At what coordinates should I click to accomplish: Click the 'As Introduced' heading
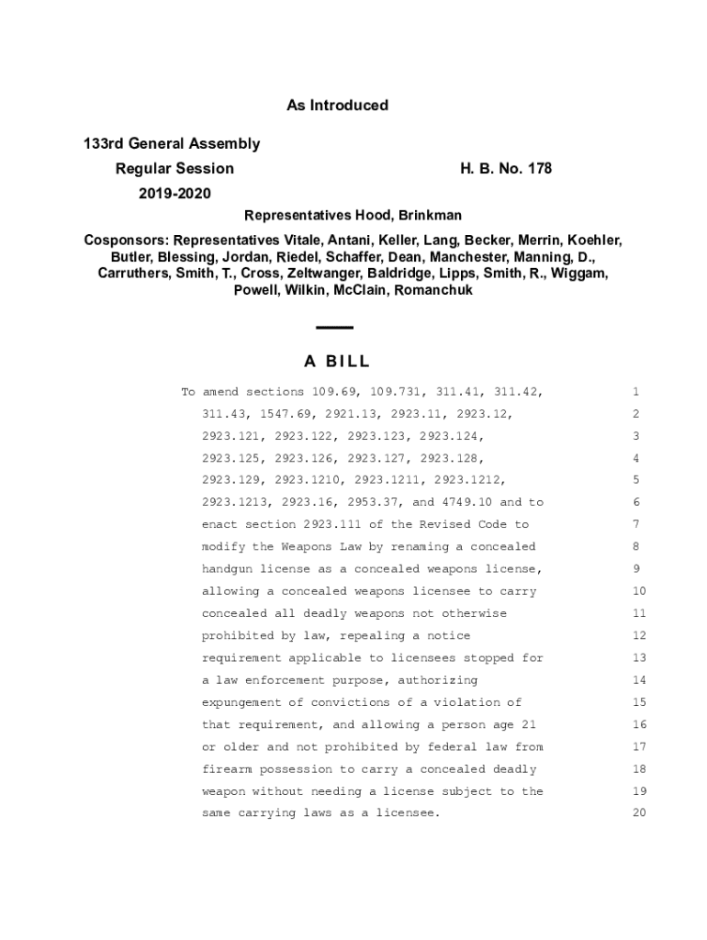(337, 106)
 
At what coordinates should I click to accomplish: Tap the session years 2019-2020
(174, 194)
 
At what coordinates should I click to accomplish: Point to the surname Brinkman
(430, 216)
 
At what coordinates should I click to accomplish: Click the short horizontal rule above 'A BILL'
(334, 328)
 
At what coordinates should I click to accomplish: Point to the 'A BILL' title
(336, 362)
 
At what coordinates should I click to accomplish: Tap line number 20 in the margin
(640, 813)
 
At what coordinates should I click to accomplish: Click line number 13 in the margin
(640, 658)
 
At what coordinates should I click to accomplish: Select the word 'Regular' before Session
(142, 169)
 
